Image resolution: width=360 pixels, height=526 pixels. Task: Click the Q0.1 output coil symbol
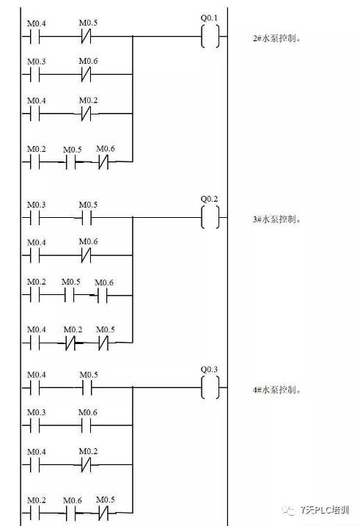[x=210, y=37]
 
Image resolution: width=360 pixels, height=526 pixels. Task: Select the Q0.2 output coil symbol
[x=210, y=218]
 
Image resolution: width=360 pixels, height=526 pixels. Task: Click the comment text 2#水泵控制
[x=277, y=37]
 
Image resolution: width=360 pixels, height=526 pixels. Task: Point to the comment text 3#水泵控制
[x=277, y=219]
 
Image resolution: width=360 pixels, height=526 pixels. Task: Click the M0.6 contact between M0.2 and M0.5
[x=71, y=511]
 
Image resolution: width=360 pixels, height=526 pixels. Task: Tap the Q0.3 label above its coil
[x=210, y=369]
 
